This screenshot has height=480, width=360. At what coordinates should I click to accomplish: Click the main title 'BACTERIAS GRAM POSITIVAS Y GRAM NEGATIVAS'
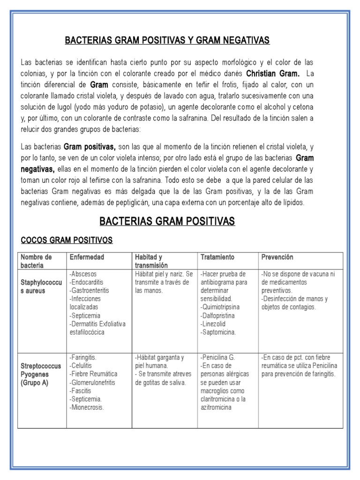(167, 41)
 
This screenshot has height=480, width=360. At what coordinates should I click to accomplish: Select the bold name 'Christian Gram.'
(272, 74)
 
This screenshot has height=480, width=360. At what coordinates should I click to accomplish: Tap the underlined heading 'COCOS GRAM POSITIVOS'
(67, 240)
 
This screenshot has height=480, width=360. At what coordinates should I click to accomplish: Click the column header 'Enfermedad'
(87, 257)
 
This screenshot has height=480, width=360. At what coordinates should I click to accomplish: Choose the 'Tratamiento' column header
(217, 257)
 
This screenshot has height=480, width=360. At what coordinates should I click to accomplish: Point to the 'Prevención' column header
(277, 257)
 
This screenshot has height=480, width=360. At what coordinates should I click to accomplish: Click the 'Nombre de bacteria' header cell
(36, 261)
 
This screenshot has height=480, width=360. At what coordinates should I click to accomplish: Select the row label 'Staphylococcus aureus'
(41, 287)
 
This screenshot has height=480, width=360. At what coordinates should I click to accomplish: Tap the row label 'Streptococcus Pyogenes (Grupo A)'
(41, 374)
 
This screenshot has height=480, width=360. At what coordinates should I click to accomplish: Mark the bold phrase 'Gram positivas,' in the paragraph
(90, 147)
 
